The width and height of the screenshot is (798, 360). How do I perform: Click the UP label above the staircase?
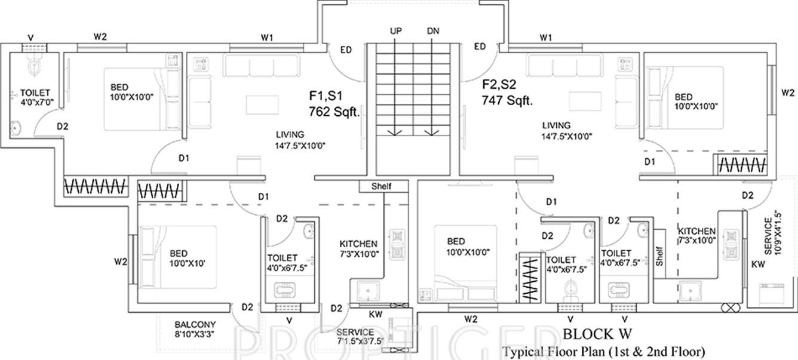tap(395, 31)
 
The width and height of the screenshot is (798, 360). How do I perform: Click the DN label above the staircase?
tap(434, 31)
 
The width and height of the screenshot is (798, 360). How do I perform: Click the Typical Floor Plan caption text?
tap(604, 350)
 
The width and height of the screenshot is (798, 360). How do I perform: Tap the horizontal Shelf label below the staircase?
tap(382, 186)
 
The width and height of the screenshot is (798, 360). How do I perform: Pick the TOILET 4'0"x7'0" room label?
tap(35, 97)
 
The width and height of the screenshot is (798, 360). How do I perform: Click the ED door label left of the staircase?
tap(346, 50)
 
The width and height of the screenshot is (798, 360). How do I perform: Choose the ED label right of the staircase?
tap(479, 47)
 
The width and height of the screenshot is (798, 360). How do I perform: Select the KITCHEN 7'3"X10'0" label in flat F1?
tap(358, 248)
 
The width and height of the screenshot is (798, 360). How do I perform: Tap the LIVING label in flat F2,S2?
tap(556, 125)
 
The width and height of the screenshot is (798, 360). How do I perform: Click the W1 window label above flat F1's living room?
tap(266, 38)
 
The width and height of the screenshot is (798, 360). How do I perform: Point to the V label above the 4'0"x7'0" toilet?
tap(30, 38)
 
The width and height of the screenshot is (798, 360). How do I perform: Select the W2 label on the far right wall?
tap(788, 93)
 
